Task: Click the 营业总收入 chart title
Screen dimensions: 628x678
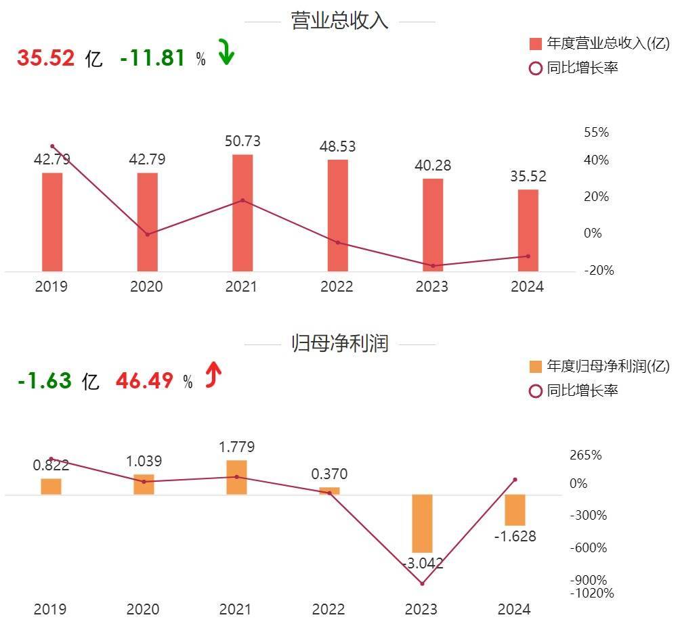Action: click(339, 21)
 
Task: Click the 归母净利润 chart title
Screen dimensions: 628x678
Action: click(339, 344)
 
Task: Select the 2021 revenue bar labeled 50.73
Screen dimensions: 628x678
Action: click(242, 212)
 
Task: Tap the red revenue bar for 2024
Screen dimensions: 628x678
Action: click(528, 230)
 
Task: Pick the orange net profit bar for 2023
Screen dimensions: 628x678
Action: click(423, 523)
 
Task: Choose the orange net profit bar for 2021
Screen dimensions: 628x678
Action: click(237, 477)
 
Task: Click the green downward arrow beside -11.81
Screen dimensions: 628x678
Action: click(226, 53)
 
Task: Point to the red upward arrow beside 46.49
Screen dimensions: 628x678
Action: click(213, 376)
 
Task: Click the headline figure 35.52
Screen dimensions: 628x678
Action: click(45, 58)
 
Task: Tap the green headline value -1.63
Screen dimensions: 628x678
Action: click(45, 381)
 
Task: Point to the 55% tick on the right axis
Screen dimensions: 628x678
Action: click(596, 133)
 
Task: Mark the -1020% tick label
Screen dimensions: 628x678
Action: click(591, 593)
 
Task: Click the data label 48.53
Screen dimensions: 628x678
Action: click(337, 147)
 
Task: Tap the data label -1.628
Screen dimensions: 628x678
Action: click(515, 537)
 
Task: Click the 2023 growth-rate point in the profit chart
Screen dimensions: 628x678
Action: click(422, 583)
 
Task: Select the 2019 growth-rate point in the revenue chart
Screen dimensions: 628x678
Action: click(52, 146)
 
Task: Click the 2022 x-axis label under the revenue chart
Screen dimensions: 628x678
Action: click(337, 287)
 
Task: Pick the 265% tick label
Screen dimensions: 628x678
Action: click(586, 455)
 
